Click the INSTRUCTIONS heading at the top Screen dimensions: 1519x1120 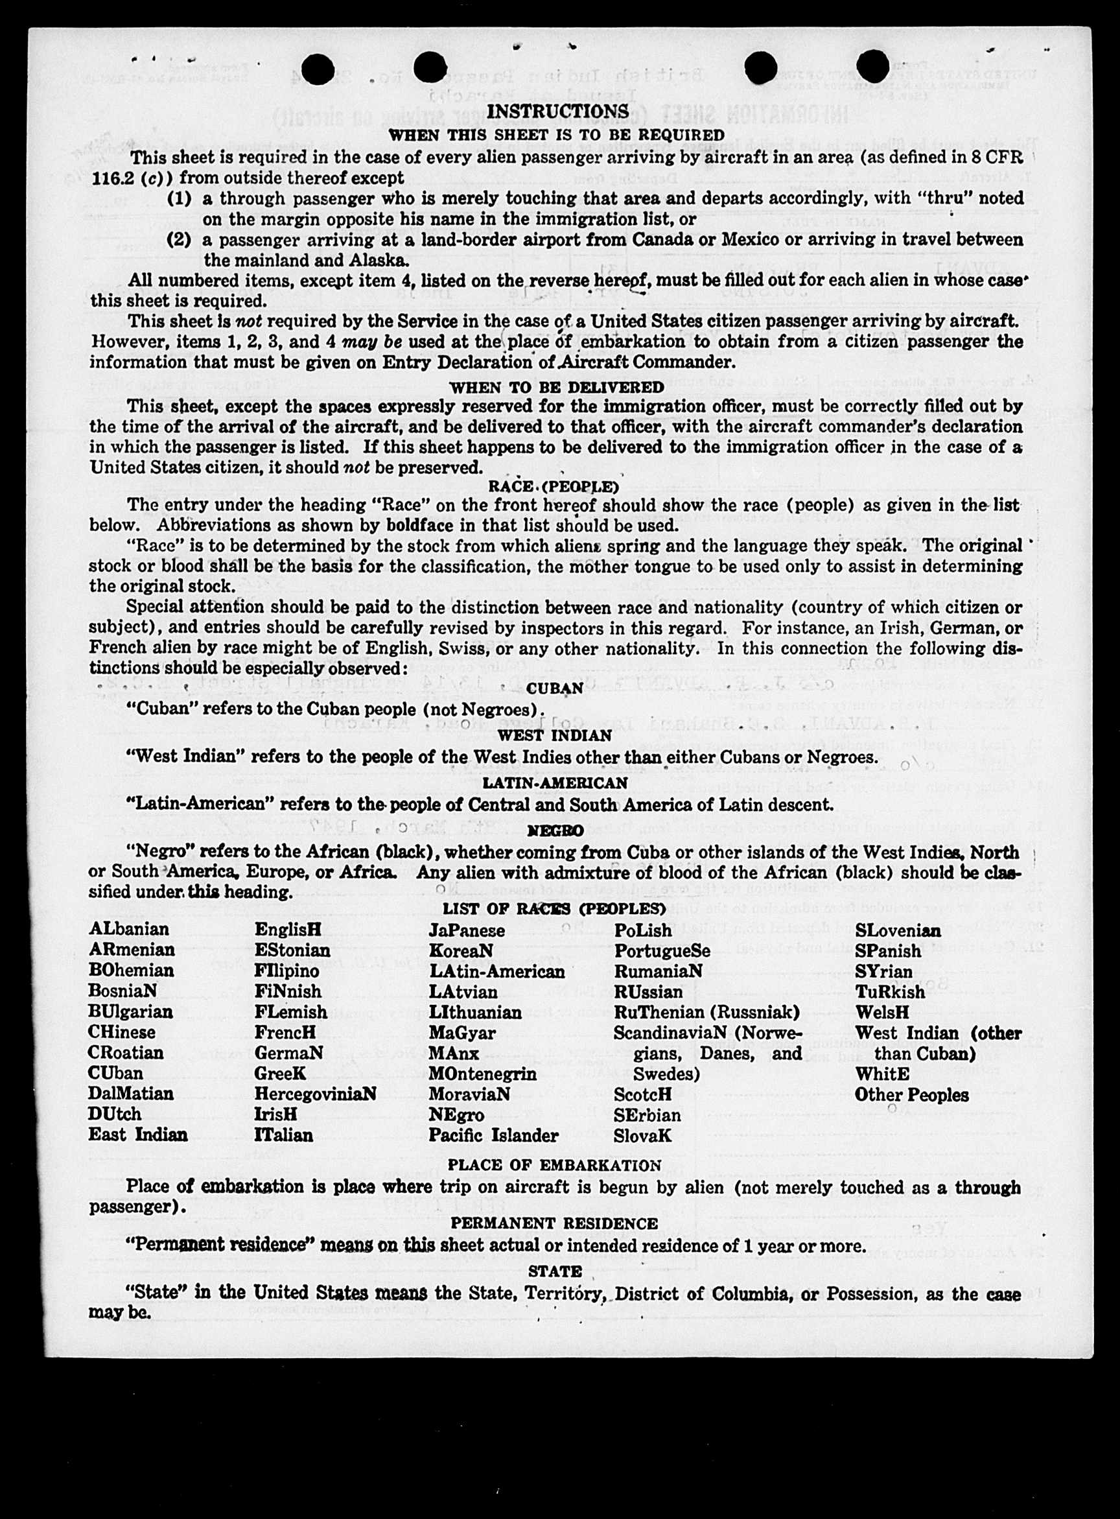[x=557, y=112]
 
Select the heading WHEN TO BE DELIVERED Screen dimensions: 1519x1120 [x=557, y=387]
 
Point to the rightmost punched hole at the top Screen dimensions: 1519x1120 [x=872, y=67]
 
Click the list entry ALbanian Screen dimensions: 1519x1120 [x=128, y=929]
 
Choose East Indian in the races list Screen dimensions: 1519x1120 [x=137, y=1135]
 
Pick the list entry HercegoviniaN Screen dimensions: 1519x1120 [x=315, y=1094]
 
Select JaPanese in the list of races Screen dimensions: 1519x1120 [x=467, y=930]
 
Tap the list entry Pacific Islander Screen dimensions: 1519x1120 [x=493, y=1135]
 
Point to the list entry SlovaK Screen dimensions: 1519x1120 [x=642, y=1136]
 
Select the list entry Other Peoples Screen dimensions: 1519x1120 [x=911, y=1094]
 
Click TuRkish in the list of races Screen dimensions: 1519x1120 [x=889, y=992]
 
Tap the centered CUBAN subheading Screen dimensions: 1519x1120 [x=555, y=689]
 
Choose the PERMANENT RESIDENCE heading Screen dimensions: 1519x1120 [x=555, y=1223]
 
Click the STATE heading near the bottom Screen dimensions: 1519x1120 [x=555, y=1271]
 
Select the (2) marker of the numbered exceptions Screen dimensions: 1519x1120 [x=179, y=240]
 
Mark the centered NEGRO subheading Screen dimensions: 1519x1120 [x=555, y=830]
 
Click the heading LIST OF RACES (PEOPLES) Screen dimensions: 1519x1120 [x=555, y=909]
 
